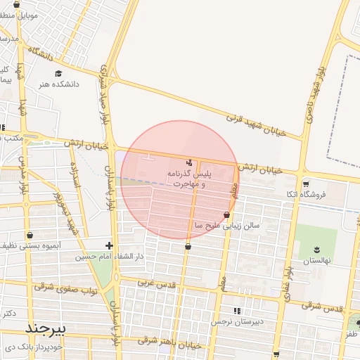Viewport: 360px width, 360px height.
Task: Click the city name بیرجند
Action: [x=45, y=328]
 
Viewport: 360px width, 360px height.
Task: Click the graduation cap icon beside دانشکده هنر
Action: [x=58, y=72]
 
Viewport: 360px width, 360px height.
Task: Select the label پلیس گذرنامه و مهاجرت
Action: [x=188, y=178]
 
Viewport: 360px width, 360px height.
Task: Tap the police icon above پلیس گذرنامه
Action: [x=188, y=162]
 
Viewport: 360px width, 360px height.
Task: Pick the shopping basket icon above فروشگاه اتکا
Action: [x=306, y=184]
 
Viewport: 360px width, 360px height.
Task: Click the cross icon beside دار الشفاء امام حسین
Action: [x=108, y=245]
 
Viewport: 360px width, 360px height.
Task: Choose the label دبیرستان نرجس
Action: [x=238, y=321]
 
